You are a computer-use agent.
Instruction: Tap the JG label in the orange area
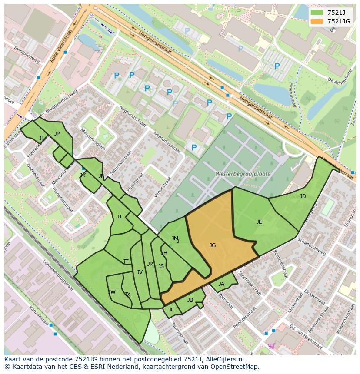point(212,245)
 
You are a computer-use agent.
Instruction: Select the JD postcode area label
point(303,196)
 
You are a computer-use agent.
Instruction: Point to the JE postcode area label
point(259,222)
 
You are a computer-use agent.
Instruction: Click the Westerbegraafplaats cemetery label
point(243,174)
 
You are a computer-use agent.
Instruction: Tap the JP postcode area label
point(57,134)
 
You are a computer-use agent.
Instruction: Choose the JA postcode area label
point(221,284)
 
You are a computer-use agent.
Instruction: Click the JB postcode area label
point(190,300)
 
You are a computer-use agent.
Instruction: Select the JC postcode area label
point(171,310)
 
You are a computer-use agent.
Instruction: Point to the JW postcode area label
point(112,291)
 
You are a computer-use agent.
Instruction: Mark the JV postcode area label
point(140,272)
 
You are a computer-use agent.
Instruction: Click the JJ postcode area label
point(119,217)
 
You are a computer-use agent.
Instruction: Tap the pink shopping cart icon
point(271,346)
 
